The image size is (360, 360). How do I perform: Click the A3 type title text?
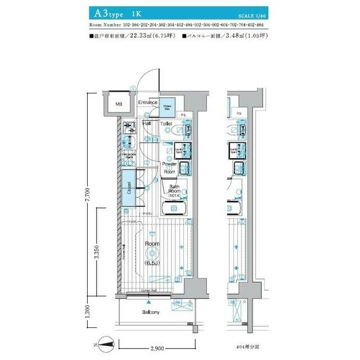pos(109,12)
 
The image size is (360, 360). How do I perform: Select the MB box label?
pos(119,104)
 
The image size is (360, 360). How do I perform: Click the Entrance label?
pos(148,102)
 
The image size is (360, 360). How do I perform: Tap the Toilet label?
pos(166,123)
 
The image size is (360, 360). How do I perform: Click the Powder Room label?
pos(169,168)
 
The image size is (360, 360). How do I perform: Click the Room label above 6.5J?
pos(152,244)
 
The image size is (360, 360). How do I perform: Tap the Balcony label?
pos(151,312)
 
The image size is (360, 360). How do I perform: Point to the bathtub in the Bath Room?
pos(175,210)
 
